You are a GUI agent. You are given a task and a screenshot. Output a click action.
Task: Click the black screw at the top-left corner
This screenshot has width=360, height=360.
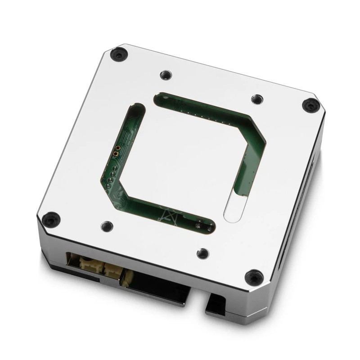[118, 55]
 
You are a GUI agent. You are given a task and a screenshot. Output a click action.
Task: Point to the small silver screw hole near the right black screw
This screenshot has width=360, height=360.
[256, 99]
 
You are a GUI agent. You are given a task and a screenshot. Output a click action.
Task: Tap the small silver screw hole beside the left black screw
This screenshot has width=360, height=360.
[106, 225]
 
